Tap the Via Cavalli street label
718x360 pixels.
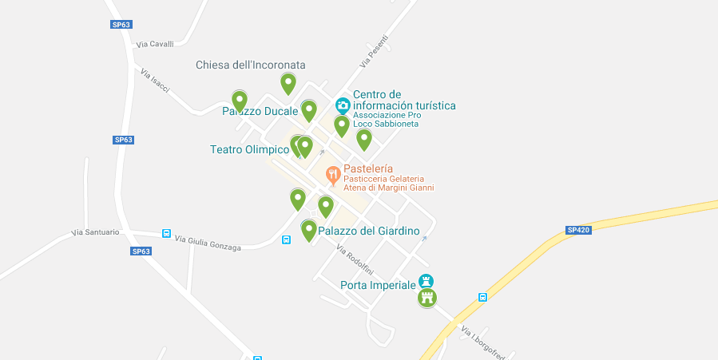tap(155, 45)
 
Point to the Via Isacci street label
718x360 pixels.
tap(155, 81)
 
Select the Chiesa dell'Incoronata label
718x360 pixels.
tap(251, 65)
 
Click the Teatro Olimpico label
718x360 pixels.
tap(249, 149)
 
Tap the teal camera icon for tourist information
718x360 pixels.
tap(343, 105)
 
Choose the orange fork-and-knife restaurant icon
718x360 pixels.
tap(333, 174)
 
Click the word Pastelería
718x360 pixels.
tap(368, 169)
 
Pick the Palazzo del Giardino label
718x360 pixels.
tap(369, 231)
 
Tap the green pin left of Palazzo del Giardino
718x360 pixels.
tap(308, 231)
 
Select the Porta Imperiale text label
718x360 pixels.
tap(378, 285)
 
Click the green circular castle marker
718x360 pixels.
tap(428, 299)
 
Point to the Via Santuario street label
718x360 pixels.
tap(96, 232)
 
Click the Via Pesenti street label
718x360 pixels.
tap(373, 51)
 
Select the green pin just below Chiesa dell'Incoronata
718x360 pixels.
tap(288, 83)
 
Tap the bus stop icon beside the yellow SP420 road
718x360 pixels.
tap(482, 297)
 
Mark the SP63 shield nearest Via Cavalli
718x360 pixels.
tap(121, 25)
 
